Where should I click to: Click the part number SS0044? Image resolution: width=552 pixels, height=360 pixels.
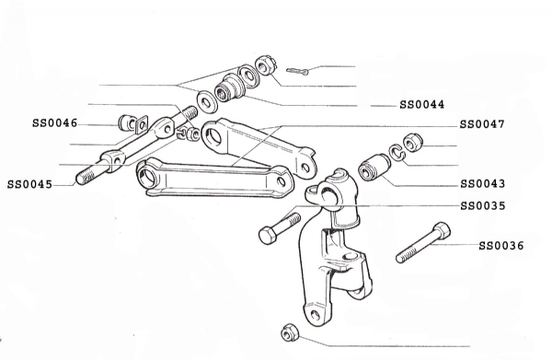pyautogui.click(x=421, y=105)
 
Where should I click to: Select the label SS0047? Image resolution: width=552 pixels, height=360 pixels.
pyautogui.click(x=482, y=124)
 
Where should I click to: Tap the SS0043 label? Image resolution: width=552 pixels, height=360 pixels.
pyautogui.click(x=482, y=184)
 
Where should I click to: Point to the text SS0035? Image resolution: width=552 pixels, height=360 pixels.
pyautogui.click(x=483, y=205)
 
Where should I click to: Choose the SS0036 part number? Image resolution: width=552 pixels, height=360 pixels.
pyautogui.click(x=501, y=246)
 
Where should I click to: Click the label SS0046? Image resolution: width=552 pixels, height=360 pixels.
pyautogui.click(x=54, y=123)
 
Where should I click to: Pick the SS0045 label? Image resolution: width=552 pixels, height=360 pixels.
pyautogui.click(x=29, y=184)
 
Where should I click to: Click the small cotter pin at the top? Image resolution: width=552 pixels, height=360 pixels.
pyautogui.click(x=297, y=71)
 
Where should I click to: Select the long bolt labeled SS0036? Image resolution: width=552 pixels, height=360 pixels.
pyautogui.click(x=423, y=242)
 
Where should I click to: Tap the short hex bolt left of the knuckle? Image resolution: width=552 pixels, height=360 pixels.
pyautogui.click(x=280, y=228)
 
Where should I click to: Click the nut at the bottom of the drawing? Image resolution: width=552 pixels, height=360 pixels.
pyautogui.click(x=290, y=332)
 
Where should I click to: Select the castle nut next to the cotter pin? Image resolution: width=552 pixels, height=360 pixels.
pyautogui.click(x=265, y=65)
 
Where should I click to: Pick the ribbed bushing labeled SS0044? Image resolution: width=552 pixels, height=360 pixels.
pyautogui.click(x=230, y=87)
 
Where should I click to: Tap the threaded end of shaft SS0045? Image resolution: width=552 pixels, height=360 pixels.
pyautogui.click(x=85, y=177)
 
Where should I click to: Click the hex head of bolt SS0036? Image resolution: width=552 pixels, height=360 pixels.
pyautogui.click(x=442, y=230)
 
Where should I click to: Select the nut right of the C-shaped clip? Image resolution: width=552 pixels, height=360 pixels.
pyautogui.click(x=412, y=143)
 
